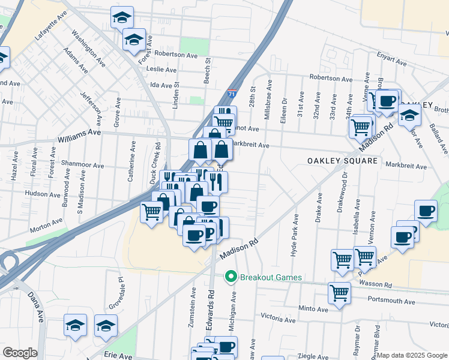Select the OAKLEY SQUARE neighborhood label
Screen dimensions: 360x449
click(x=342, y=161)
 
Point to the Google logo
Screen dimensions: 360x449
click(x=20, y=353)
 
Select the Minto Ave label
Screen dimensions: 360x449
click(x=314, y=309)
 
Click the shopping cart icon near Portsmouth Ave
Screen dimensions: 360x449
click(x=339, y=293)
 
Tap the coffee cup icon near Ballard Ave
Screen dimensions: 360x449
click(x=426, y=211)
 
